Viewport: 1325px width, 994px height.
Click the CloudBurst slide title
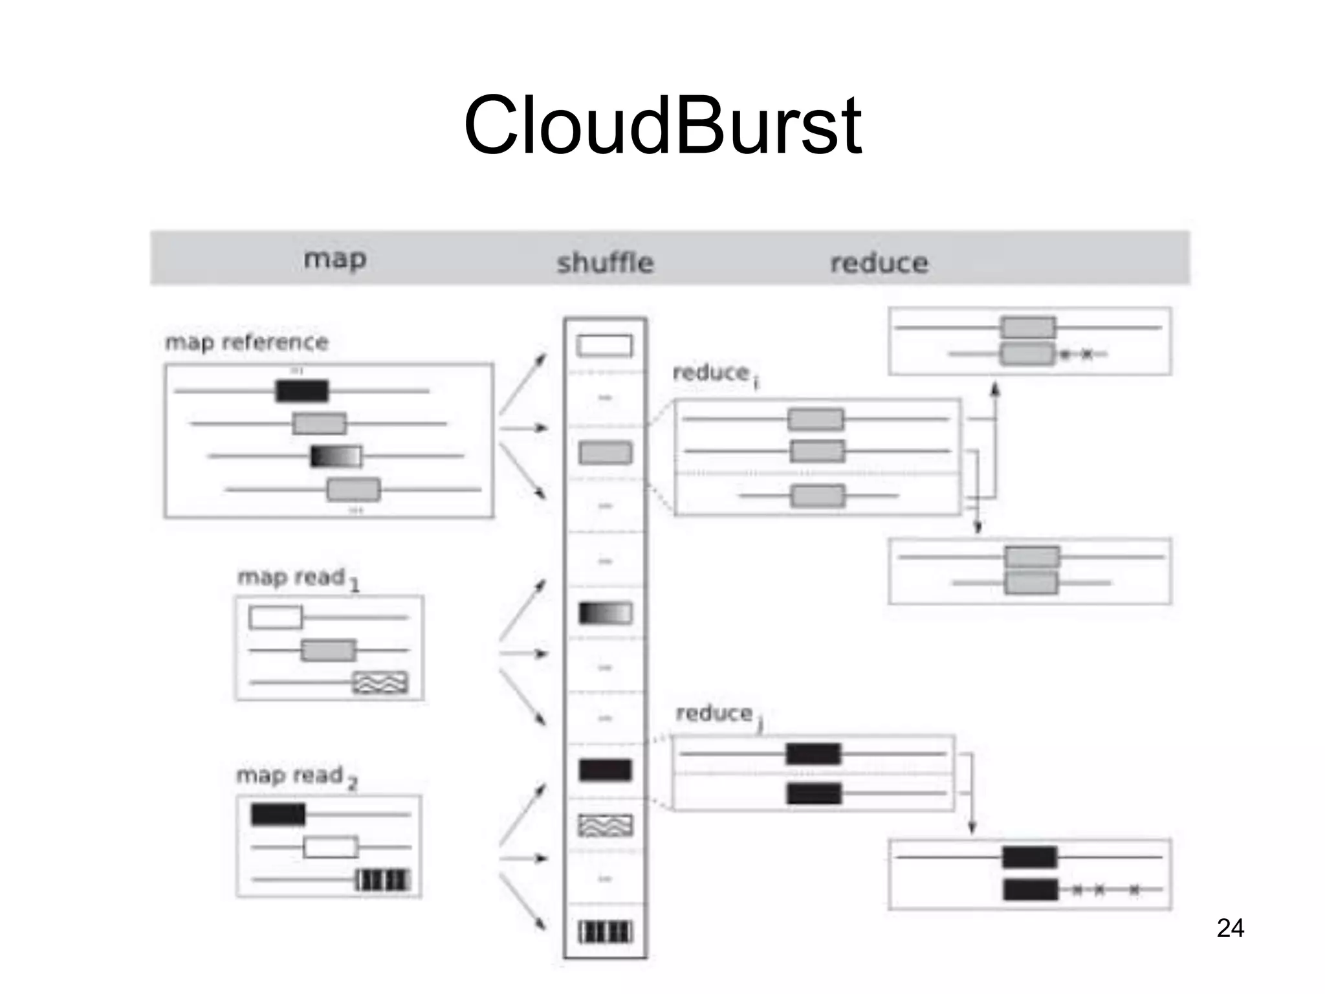click(662, 126)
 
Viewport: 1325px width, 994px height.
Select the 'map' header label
click(335, 259)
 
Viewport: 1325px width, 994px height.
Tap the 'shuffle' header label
click(605, 263)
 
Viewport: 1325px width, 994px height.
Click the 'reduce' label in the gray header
click(879, 263)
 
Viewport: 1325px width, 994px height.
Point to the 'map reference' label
click(246, 342)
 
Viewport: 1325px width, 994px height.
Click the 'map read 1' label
click(296, 577)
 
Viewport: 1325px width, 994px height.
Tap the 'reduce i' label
click(715, 373)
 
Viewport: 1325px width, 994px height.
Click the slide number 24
click(1230, 928)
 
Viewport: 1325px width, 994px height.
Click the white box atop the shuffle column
click(604, 346)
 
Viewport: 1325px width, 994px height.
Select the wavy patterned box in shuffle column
click(605, 825)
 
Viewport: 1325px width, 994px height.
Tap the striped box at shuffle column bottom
click(605, 932)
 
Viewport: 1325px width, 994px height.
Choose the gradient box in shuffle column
click(605, 613)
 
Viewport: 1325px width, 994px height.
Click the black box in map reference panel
click(302, 391)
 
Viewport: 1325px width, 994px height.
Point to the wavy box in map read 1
click(380, 683)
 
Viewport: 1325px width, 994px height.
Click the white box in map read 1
click(276, 617)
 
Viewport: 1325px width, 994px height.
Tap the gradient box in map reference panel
click(336, 456)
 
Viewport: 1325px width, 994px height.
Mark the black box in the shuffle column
click(605, 770)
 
